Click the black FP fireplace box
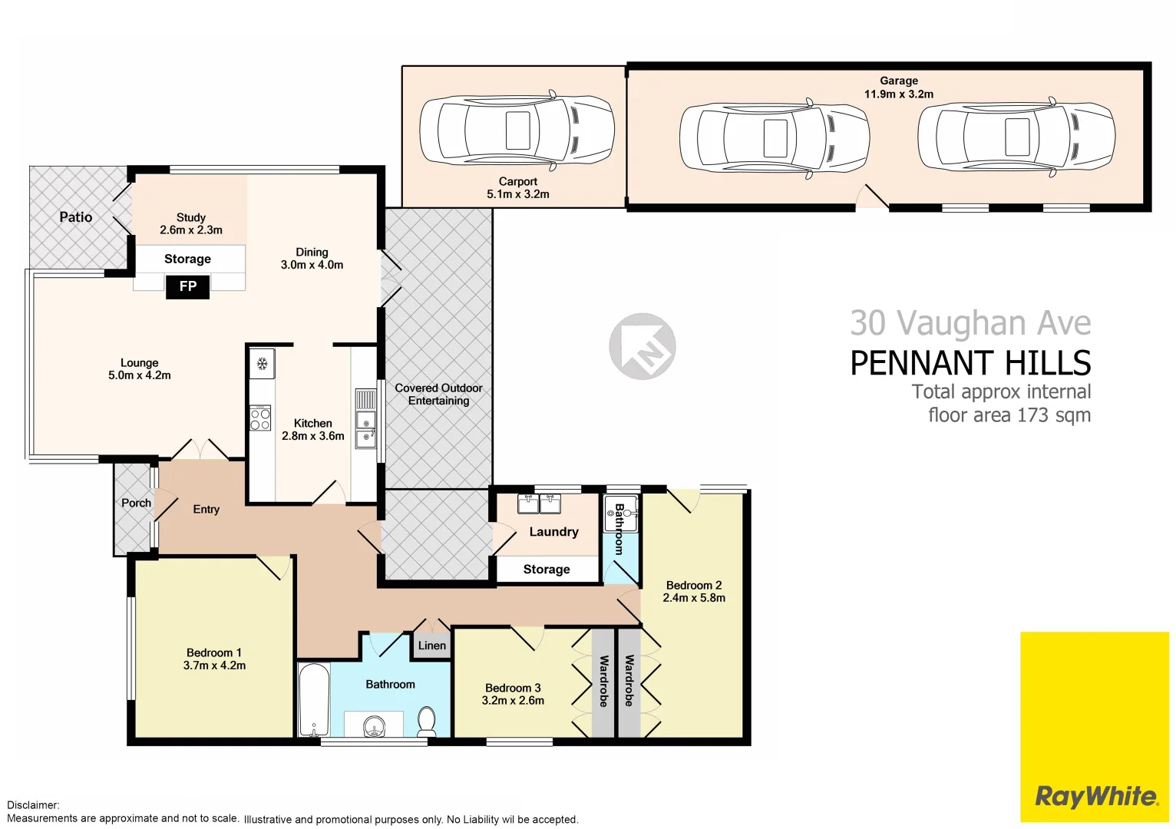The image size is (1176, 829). pyautogui.click(x=188, y=286)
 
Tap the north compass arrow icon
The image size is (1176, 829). pyautogui.click(x=643, y=346)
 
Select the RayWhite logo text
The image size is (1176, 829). pyautogui.click(x=1095, y=796)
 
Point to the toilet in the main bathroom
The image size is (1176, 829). pyautogui.click(x=427, y=721)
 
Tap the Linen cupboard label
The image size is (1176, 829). pyautogui.click(x=432, y=646)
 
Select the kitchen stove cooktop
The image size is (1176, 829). pyautogui.click(x=260, y=418)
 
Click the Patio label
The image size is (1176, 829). pyautogui.click(x=76, y=217)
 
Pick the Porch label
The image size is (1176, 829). pyautogui.click(x=136, y=503)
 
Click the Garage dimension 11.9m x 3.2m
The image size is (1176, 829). pyautogui.click(x=899, y=94)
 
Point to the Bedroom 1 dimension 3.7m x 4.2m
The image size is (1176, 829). pyautogui.click(x=214, y=666)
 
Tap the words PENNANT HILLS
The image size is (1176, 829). pyautogui.click(x=970, y=363)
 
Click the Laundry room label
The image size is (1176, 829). pyautogui.click(x=553, y=532)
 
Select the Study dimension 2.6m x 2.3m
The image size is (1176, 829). pyautogui.click(x=191, y=230)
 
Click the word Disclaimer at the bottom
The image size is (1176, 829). pyautogui.click(x=33, y=805)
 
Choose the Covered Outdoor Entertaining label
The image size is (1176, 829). pyautogui.click(x=438, y=394)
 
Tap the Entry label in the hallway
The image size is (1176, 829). pyautogui.click(x=206, y=509)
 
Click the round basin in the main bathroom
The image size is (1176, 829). pyautogui.click(x=374, y=725)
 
